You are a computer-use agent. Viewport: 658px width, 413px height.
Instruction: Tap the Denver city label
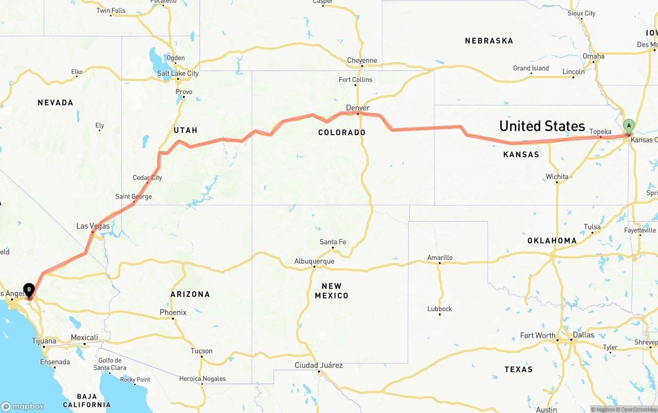coord(358,108)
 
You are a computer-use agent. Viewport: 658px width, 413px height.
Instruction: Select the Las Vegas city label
coord(93,226)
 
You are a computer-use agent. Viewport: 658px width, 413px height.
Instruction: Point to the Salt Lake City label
coord(178,74)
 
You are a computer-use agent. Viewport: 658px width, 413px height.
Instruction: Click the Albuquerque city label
coord(314,261)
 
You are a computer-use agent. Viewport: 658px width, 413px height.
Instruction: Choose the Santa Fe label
coord(333,242)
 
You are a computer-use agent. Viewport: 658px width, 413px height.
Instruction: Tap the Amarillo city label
coord(440,258)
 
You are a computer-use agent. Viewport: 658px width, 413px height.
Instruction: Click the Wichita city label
coord(557,177)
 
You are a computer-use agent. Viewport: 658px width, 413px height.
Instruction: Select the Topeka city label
coord(600,132)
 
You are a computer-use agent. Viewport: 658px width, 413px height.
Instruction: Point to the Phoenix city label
coord(173,312)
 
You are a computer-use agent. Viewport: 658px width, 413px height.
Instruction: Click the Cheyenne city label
coord(362,60)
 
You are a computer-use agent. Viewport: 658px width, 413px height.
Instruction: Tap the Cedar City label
coord(148,178)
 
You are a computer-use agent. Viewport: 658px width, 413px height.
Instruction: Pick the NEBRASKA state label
coord(489,41)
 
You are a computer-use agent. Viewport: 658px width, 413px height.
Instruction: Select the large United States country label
coord(542,126)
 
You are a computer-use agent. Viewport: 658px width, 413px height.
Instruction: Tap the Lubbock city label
coord(440,309)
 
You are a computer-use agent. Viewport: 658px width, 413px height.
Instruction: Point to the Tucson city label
coord(202,351)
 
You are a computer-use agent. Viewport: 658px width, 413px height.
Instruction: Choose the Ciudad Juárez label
coord(318,365)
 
